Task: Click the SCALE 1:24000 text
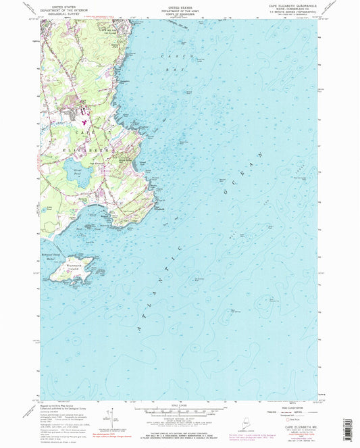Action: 180,405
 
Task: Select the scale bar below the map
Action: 180,412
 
